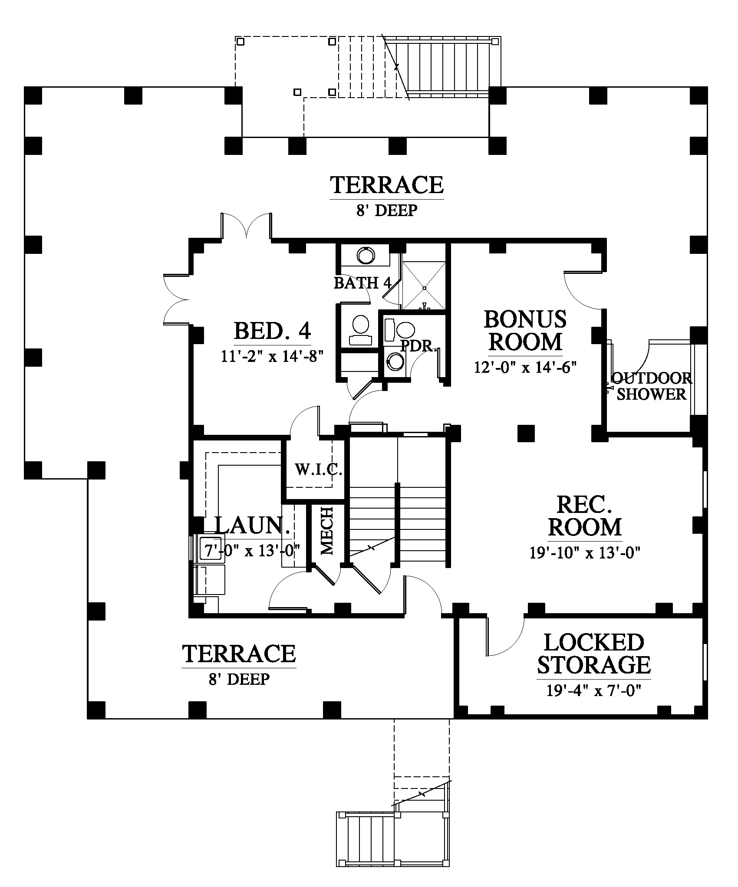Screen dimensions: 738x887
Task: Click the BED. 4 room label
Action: [x=273, y=331]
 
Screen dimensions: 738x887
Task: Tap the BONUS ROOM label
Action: [x=525, y=330]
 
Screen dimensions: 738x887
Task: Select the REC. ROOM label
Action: [x=585, y=516]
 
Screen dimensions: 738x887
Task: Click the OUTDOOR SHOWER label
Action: [x=650, y=386]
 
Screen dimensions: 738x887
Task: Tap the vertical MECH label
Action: [x=326, y=531]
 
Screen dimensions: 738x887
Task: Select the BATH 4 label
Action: [x=362, y=283]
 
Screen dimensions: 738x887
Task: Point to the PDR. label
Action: [x=418, y=346]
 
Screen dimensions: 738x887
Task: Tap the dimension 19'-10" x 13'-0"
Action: [x=585, y=553]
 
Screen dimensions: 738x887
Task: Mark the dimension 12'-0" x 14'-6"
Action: [x=525, y=367]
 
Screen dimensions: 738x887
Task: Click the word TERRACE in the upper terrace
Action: [x=387, y=185]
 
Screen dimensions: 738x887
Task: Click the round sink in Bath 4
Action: [x=366, y=256]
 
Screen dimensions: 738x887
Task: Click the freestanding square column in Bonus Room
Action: [x=526, y=433]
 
